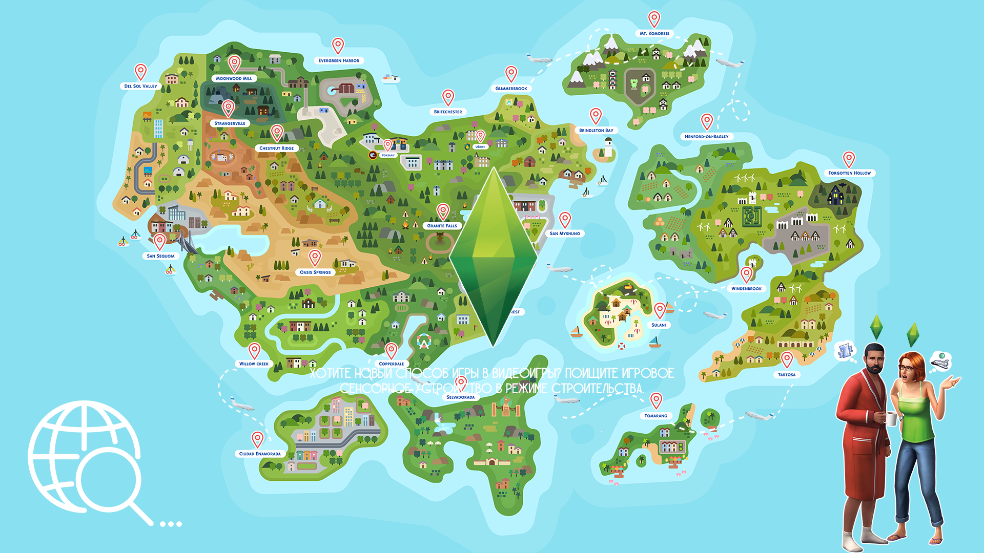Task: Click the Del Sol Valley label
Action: (140, 86)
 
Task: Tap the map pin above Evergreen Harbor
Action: (338, 45)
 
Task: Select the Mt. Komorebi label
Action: (654, 33)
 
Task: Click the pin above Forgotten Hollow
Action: (849, 158)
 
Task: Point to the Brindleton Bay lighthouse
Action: (608, 148)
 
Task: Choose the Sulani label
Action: (659, 325)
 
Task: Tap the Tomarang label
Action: (655, 416)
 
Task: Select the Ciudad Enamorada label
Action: (260, 454)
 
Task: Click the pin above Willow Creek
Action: (254, 350)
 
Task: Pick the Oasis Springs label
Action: (315, 272)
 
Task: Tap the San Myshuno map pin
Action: (565, 219)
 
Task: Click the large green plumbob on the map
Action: (493, 256)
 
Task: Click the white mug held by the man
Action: (892, 419)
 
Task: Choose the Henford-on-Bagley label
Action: (706, 137)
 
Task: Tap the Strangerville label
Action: (230, 123)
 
